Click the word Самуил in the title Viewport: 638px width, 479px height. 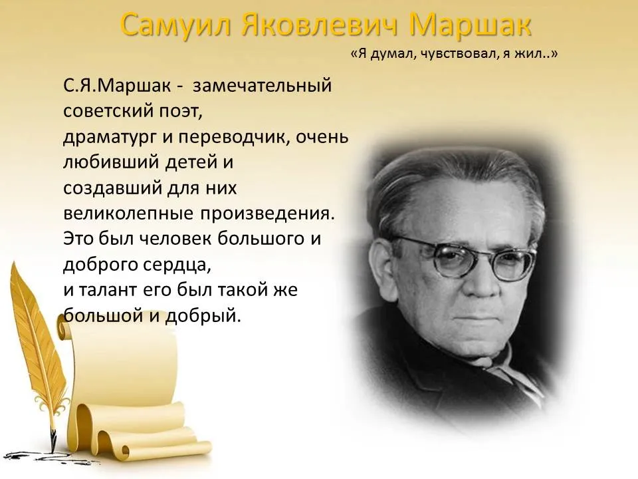[x=177, y=25]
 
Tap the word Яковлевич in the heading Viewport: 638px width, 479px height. [x=320, y=25]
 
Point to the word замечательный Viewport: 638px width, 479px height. [x=263, y=86]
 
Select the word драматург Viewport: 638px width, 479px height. [x=110, y=138]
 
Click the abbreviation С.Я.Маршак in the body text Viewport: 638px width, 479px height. [x=117, y=86]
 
